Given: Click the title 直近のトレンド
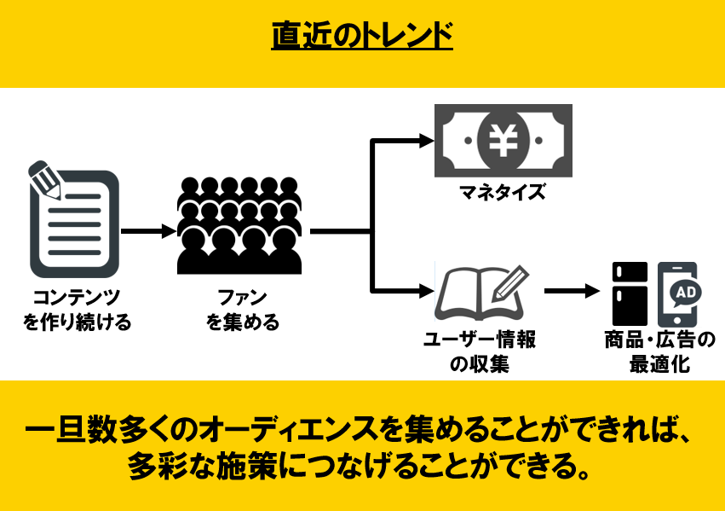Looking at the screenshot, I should click(362, 37).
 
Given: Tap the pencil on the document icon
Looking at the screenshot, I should click(44, 177).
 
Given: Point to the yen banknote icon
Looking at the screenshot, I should click(503, 140).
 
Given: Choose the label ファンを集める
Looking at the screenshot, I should click(242, 311).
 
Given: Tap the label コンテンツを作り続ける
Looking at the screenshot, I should click(77, 311).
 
